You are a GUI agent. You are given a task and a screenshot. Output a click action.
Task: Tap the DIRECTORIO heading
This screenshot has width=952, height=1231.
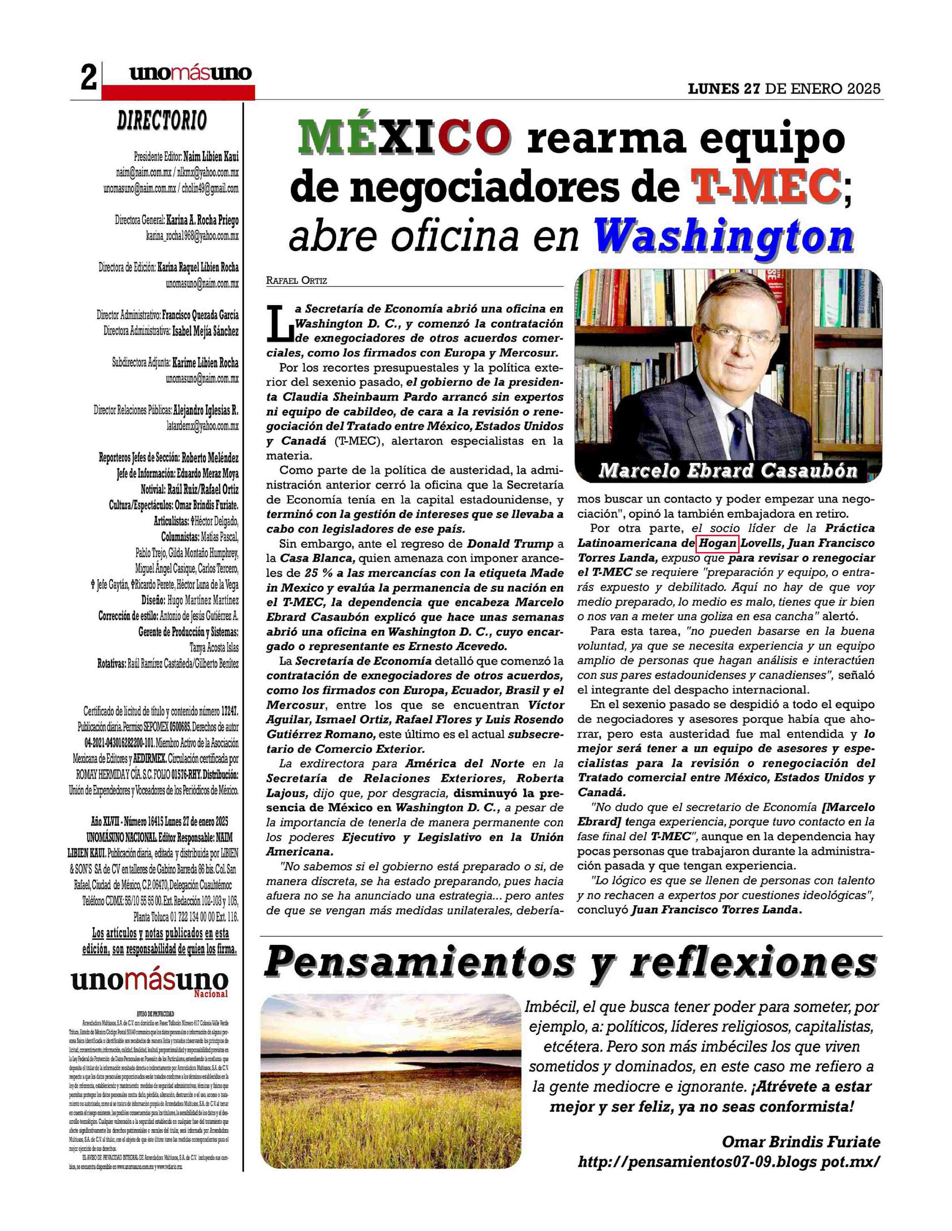(162, 120)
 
